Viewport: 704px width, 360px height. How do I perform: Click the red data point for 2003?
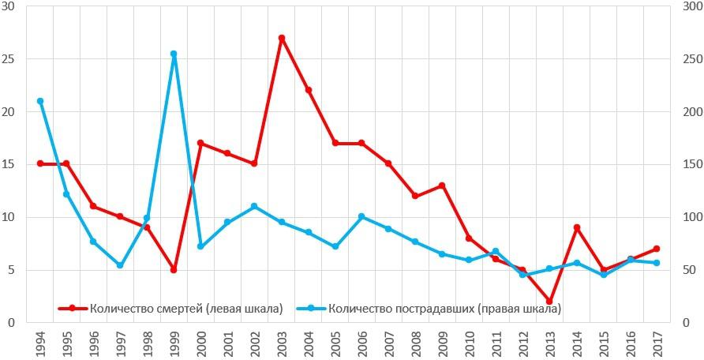point(281,38)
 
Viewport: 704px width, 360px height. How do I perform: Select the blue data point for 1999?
point(174,54)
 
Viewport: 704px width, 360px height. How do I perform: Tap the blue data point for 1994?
point(40,101)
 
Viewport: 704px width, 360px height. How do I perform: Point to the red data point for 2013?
point(549,302)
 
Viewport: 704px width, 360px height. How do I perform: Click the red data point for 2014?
point(576,227)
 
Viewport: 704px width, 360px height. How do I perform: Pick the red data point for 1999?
point(174,270)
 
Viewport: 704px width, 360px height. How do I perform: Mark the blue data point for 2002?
point(254,207)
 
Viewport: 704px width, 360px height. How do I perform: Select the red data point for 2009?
point(442,186)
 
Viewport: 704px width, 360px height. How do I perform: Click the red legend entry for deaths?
point(170,309)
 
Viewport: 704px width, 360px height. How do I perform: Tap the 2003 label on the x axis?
point(282,343)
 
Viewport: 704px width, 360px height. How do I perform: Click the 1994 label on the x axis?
point(40,343)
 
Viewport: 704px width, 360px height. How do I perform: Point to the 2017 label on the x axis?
point(657,343)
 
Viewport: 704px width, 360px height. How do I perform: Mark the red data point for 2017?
point(656,249)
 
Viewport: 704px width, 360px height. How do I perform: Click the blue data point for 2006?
point(361,216)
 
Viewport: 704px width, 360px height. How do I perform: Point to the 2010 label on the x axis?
point(469,343)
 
